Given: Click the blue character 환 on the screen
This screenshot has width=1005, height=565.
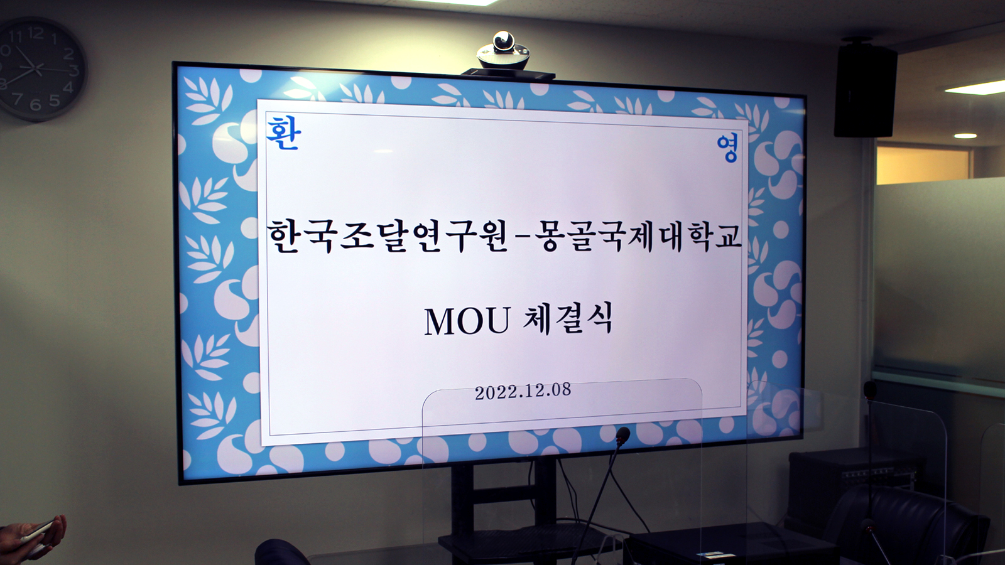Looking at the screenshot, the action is tap(283, 133).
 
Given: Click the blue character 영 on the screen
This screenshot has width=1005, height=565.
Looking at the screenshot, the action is tap(727, 148).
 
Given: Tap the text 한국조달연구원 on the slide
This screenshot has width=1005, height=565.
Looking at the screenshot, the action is tap(388, 236).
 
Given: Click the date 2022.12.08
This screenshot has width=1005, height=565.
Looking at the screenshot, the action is tap(523, 392).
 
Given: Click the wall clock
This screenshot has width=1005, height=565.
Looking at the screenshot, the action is tap(40, 70).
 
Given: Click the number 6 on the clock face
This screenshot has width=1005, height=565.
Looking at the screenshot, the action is tap(35, 105).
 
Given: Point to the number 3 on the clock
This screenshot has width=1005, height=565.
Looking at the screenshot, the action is tap(74, 70).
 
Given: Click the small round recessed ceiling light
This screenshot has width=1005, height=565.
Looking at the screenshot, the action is tap(965, 136).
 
